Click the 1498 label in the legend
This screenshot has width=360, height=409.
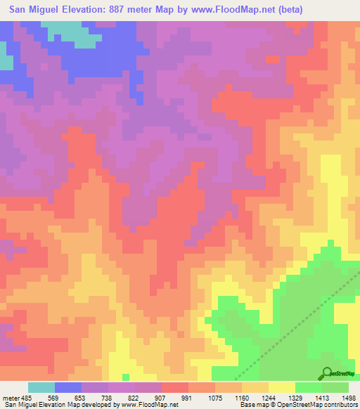(350, 398)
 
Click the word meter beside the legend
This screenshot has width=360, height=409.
(11, 398)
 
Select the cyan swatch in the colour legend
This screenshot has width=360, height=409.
(41, 387)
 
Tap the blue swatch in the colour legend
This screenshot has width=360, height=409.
(68, 387)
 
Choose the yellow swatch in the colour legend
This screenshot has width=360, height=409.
(282, 387)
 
